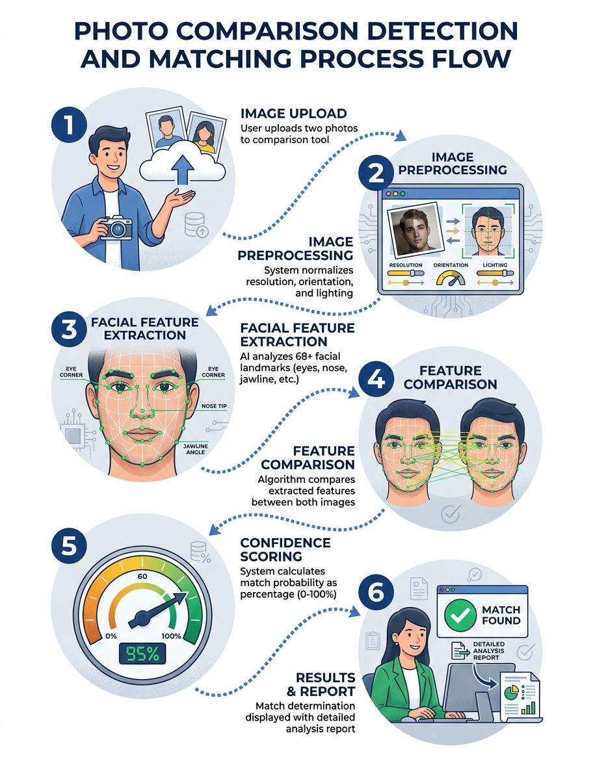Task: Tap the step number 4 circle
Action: (376, 380)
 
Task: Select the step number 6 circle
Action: (376, 593)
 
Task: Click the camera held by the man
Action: (116, 227)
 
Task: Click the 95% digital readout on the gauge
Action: (142, 654)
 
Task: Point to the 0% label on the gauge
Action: (111, 636)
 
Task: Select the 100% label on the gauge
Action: (172, 636)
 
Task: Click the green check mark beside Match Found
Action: (460, 615)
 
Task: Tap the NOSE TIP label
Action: (214, 406)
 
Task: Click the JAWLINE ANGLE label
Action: (196, 449)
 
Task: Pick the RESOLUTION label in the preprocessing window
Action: (406, 264)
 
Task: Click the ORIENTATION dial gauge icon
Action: (451, 278)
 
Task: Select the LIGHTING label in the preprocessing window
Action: (495, 264)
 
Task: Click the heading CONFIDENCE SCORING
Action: (285, 549)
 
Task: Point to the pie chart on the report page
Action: (512, 693)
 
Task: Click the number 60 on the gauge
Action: (142, 576)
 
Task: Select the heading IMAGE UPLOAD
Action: (294, 113)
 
